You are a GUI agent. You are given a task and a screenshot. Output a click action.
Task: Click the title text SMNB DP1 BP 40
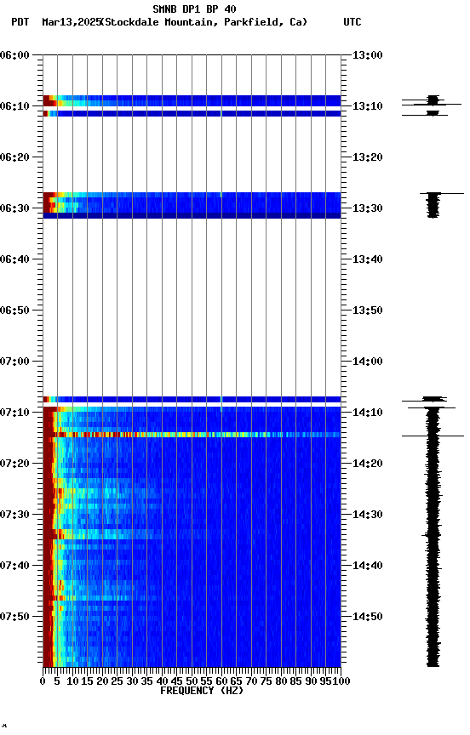(194, 9)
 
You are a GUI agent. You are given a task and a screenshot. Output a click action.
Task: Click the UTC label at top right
(352, 22)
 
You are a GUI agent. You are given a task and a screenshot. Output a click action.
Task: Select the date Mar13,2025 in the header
(70, 22)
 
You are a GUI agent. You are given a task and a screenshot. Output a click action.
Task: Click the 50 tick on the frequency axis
(192, 681)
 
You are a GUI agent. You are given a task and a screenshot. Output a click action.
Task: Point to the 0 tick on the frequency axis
(43, 681)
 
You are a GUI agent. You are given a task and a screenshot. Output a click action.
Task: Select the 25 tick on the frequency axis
(117, 681)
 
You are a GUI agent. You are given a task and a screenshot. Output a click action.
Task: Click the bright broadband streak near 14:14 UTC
(196, 435)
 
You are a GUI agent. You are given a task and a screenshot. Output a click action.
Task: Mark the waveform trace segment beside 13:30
(434, 205)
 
